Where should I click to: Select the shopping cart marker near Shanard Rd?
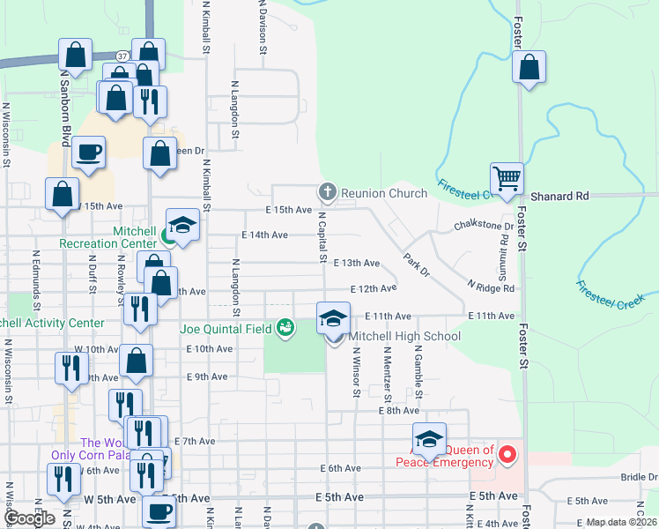[507, 178]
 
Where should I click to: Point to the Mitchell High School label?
[404, 336]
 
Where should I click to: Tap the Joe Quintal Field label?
[226, 329]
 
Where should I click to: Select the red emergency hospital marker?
[507, 456]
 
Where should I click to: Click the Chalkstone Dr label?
[483, 226]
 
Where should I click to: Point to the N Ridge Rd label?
[492, 287]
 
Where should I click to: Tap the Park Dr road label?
[416, 262]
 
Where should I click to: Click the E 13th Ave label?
[357, 263]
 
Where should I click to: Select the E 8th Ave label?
[398, 411]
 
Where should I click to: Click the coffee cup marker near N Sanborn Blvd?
[88, 153]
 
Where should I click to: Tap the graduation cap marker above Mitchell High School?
[334, 318]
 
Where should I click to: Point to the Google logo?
[30, 518]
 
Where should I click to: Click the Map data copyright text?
[620, 522]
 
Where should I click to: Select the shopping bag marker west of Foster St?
[529, 68]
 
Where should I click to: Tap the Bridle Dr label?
[639, 477]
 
